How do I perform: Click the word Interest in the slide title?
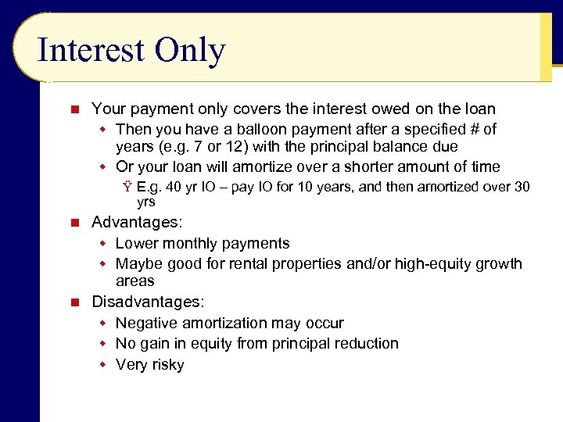pos(90,51)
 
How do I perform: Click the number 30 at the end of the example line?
pos(521,188)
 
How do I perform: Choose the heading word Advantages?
pos(137,223)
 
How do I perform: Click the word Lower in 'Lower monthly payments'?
pos(137,244)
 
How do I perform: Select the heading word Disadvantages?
pos(148,302)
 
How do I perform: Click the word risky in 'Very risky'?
pos(167,365)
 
